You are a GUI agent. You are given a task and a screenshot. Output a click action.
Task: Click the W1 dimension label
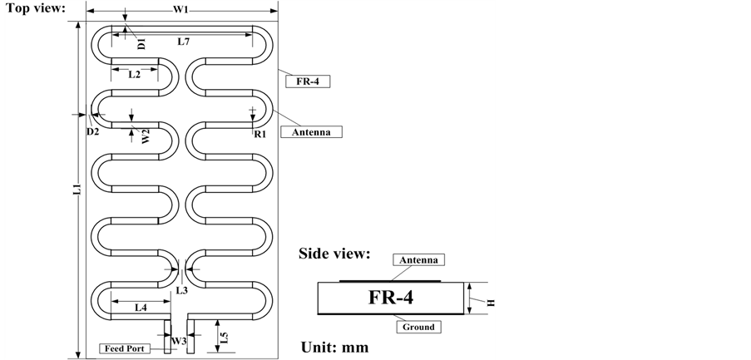click(x=180, y=10)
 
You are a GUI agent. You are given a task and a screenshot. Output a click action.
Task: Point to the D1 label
click(x=141, y=43)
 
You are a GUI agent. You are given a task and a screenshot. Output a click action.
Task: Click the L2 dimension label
click(x=134, y=74)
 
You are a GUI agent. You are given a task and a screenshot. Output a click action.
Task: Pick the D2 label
click(x=92, y=131)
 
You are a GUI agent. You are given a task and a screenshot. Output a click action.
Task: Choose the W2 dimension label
click(x=145, y=136)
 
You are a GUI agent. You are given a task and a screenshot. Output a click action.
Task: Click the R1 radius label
click(x=259, y=133)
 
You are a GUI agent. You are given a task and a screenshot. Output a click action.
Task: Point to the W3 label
click(x=178, y=341)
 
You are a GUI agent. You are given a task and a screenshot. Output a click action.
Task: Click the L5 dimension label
click(x=222, y=337)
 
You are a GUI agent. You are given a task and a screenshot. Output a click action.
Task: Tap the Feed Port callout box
click(x=127, y=348)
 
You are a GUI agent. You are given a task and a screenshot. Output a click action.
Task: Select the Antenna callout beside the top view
click(x=311, y=131)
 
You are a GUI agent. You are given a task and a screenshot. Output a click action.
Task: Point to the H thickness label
click(x=491, y=303)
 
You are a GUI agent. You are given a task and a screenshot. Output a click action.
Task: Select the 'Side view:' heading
click(x=334, y=254)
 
